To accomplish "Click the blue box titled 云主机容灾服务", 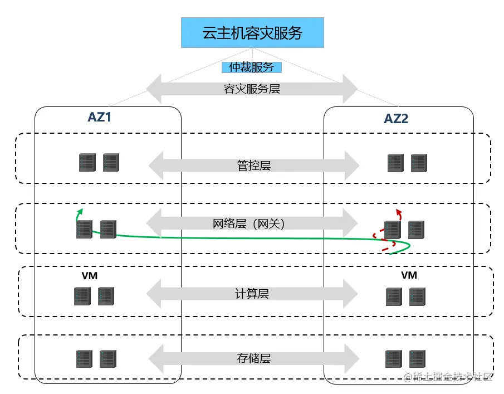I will (252, 33).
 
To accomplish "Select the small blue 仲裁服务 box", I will (252, 67).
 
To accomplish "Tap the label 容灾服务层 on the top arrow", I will (252, 89).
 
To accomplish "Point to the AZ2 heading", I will (397, 119).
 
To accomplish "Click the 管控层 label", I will (253, 165).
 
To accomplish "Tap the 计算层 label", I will (252, 294).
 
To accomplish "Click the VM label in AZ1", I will (90, 276).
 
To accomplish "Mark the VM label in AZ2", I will (409, 275).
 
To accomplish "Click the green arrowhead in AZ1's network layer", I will (80, 211).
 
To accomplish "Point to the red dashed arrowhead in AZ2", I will (398, 211).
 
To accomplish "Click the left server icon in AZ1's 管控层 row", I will (87, 163).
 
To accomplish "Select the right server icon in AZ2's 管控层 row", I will (419, 163).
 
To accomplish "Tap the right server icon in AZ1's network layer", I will (108, 229).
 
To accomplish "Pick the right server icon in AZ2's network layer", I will (416, 230).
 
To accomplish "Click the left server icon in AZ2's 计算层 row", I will (394, 296).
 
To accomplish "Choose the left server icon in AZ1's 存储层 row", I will (84, 359).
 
